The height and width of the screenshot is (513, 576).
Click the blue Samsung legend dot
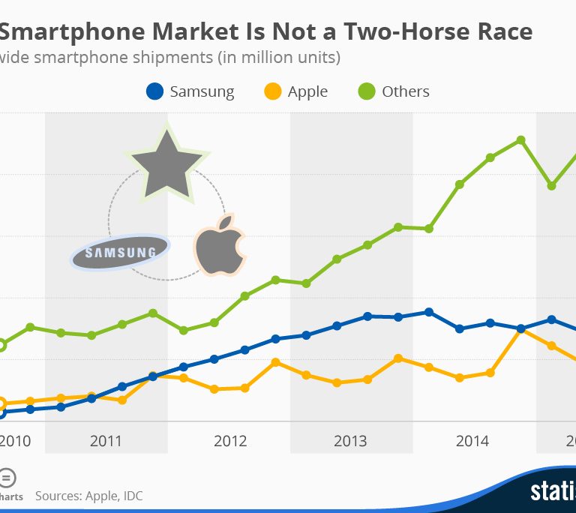pos(154,91)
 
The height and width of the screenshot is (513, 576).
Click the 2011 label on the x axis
pos(106,440)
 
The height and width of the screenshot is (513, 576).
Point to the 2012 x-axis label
pos(229,440)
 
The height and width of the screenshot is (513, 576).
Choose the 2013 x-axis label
pos(351,440)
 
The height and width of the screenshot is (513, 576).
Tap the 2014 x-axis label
pos(473,440)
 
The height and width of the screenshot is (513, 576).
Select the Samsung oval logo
pos(120,253)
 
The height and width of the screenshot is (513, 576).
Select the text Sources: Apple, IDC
pos(88,496)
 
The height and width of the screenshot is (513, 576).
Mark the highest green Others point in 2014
pos(520,140)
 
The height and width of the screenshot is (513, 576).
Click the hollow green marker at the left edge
pos(1,345)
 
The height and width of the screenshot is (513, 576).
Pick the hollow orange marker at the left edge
pos(1,403)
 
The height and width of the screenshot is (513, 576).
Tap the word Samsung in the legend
pos(202,91)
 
